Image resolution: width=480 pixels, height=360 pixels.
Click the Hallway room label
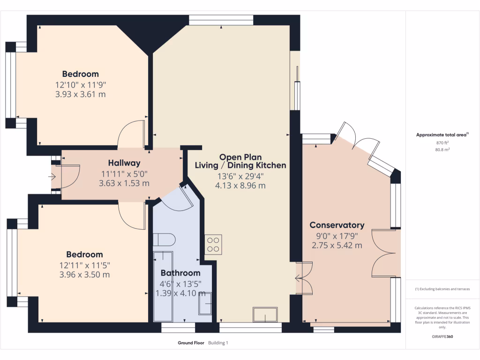click(x=124, y=163)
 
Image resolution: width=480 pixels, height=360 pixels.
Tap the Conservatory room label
click(x=337, y=225)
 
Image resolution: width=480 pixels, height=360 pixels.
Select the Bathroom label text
click(x=180, y=273)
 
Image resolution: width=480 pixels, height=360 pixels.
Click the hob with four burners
click(x=213, y=244)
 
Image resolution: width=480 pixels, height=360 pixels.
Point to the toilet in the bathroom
click(x=164, y=240)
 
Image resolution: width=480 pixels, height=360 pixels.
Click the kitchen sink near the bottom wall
click(x=265, y=314)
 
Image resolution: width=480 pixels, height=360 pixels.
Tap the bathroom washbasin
click(x=205, y=304)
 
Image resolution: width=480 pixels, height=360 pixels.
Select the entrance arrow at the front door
click(x=52, y=177)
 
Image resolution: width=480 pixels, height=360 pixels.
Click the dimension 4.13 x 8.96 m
click(x=241, y=185)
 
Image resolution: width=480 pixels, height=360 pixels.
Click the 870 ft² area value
click(x=442, y=142)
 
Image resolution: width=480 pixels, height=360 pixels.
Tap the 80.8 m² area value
click(x=442, y=150)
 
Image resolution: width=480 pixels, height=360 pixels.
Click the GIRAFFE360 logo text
click(x=442, y=337)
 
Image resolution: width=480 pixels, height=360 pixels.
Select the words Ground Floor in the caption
click(x=191, y=343)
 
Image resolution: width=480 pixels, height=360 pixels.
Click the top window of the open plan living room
click(x=221, y=20)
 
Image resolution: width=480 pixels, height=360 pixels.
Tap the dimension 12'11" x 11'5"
click(x=84, y=265)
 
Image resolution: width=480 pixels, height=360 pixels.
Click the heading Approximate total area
click(x=442, y=135)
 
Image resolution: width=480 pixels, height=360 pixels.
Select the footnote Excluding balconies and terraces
click(x=442, y=289)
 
